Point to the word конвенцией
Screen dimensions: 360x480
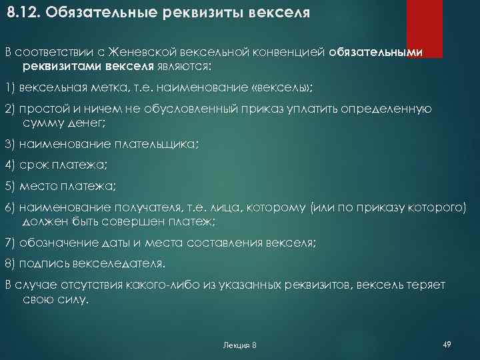(291, 53)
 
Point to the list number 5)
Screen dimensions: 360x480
(9, 186)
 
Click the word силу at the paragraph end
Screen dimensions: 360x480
(71, 298)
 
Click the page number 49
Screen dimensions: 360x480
(447, 344)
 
